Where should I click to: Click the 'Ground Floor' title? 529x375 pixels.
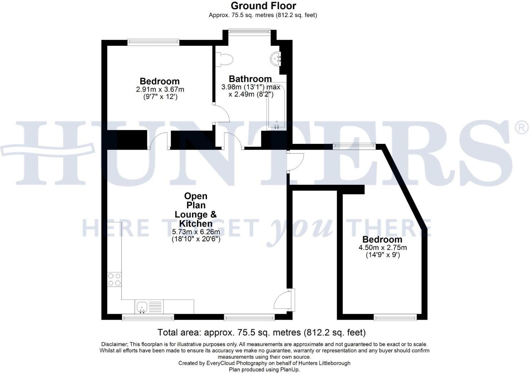coord(263,6)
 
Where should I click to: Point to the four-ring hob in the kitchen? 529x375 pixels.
coord(114,280)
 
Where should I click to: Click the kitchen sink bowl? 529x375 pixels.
coord(142,306)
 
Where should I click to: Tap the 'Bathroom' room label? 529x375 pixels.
coord(250,79)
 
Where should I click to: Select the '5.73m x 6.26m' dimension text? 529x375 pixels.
coord(196,232)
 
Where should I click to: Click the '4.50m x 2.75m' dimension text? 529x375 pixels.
coord(383,248)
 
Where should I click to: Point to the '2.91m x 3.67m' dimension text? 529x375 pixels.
coord(160,89)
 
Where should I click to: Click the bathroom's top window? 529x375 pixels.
coord(249,31)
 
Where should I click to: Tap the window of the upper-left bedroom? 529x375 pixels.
coord(153,42)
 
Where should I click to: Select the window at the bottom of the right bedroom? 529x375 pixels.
coord(395,317)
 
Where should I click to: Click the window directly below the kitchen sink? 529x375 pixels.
coord(148,317)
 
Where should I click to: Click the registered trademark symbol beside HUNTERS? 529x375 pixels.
coord(522,127)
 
